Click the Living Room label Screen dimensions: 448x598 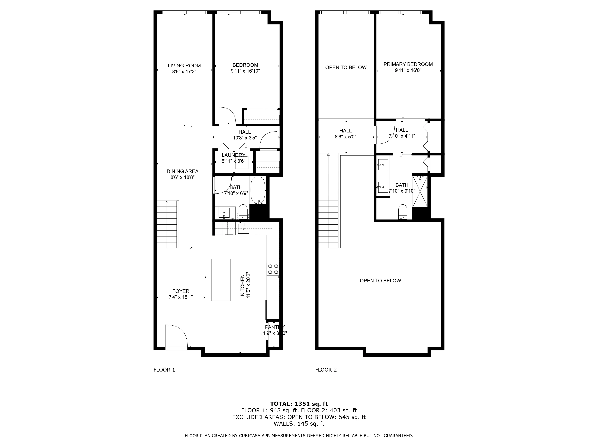coord(184,66)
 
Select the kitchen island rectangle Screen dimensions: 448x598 coord(221,280)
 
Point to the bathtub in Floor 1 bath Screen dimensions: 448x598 coord(258,190)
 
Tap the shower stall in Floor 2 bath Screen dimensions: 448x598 coord(420,191)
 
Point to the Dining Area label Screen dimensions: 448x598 coord(183,171)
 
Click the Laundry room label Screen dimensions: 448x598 coord(233,155)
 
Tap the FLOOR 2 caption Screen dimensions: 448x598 coord(326,370)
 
